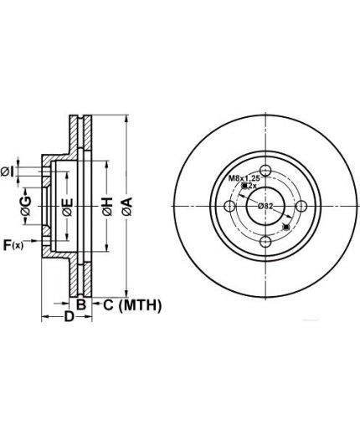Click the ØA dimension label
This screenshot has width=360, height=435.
point(126,207)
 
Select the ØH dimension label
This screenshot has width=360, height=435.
point(107,207)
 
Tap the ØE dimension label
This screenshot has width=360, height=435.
point(67,207)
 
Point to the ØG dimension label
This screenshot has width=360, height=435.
point(26,206)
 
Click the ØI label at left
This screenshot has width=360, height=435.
point(8,172)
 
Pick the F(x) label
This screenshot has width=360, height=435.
point(13,245)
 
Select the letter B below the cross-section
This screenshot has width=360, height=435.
point(81,304)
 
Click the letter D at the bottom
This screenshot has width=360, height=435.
point(69,316)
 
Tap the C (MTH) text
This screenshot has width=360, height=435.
point(132,305)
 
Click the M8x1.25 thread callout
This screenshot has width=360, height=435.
point(244,178)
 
